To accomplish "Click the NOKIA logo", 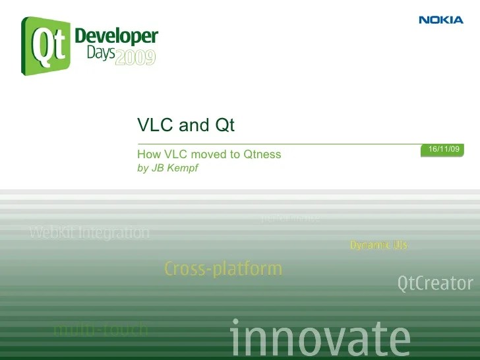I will tap(441, 20).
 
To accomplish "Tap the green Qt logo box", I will tap(47, 45).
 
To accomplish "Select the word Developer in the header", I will tap(116, 36).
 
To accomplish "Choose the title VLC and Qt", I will tap(186, 125).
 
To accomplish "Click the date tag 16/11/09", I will tap(444, 150).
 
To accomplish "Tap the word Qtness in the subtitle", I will tap(262, 154).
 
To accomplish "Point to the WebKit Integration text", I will tap(90, 233).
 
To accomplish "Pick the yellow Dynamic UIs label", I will tap(378, 245).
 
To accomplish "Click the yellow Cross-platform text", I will tap(223, 269).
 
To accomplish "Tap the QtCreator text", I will tap(435, 284).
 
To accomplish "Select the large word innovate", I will tap(320, 338).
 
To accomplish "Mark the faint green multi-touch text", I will tap(101, 329).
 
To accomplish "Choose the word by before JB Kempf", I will tap(142, 168).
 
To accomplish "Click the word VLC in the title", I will tap(153, 125).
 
